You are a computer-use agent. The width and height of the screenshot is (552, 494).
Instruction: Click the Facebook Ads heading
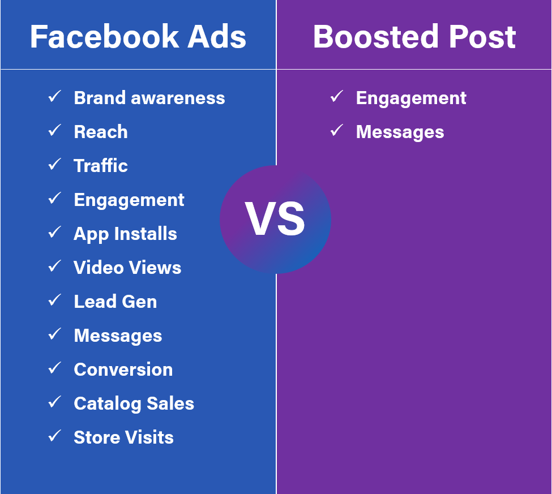[138, 37]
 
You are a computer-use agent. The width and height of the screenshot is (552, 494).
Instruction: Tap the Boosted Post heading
[414, 37]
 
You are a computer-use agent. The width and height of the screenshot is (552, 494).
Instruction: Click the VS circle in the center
[275, 220]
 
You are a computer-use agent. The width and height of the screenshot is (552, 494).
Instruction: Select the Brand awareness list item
[149, 98]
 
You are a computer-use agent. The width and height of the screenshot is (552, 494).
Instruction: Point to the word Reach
[101, 132]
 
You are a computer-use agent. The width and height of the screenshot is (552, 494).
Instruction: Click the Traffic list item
[101, 166]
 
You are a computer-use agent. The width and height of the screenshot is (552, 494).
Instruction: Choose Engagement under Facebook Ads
[129, 200]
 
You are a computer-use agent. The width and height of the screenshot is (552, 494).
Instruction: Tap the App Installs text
[125, 234]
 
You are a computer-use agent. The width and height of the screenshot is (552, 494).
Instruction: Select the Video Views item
[127, 268]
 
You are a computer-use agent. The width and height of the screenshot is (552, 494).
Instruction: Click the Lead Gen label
[115, 302]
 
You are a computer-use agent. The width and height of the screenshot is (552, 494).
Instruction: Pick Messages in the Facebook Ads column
[118, 336]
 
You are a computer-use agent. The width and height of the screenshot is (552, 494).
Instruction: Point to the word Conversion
[123, 370]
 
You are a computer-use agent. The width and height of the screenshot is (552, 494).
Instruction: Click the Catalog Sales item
[134, 403]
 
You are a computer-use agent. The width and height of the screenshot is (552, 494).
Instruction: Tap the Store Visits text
[123, 437]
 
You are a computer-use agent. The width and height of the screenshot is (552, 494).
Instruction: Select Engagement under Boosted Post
[411, 98]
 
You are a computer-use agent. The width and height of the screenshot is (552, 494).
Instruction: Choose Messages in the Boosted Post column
[400, 132]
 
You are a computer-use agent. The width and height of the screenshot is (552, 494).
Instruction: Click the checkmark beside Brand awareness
[55, 97]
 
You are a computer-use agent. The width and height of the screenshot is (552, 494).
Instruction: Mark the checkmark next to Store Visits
[55, 436]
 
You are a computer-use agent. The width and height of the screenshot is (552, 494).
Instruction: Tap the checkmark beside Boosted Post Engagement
[337, 97]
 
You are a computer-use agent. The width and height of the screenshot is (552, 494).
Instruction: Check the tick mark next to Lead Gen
[55, 300]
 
